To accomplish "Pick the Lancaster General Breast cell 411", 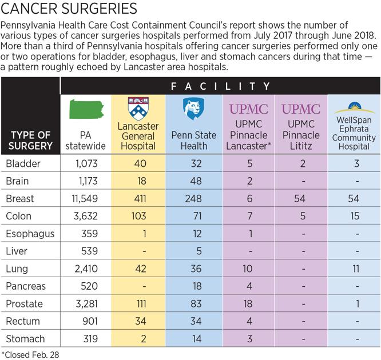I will (x=140, y=199).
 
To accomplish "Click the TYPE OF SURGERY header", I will (x=30, y=140).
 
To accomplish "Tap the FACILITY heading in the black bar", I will (x=220, y=86).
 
